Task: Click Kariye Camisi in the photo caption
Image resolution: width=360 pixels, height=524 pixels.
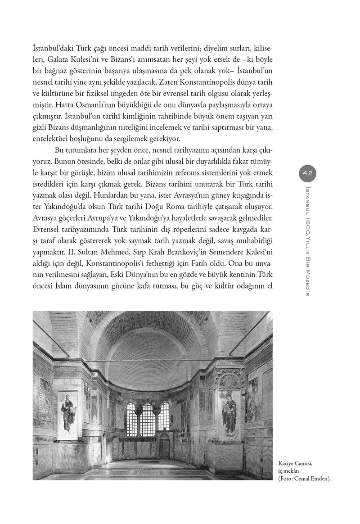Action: [296, 462]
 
